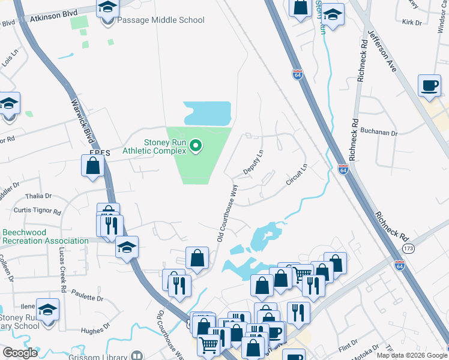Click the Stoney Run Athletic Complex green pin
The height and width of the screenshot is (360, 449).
[x=195, y=146]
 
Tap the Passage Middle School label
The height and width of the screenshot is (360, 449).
[x=160, y=20]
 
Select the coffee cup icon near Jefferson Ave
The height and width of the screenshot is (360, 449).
[x=429, y=86]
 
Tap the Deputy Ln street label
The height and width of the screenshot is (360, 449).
[x=253, y=163]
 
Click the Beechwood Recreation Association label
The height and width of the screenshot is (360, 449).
[x=45, y=236]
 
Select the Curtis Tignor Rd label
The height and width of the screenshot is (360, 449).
[x=37, y=212]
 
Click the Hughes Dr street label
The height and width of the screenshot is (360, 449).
[x=95, y=328]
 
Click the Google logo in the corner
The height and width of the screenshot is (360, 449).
[x=20, y=353]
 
